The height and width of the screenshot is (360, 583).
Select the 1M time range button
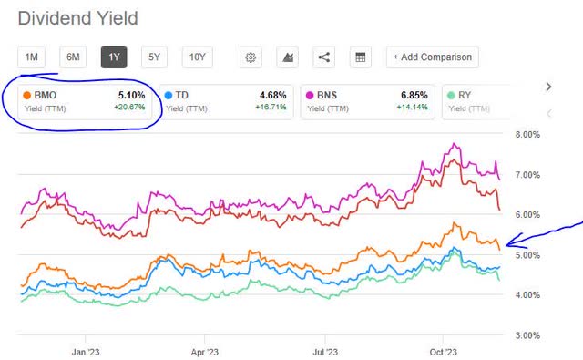tap(32, 57)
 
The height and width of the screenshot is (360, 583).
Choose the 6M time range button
tap(74, 57)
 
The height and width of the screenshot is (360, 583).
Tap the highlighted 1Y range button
tap(115, 57)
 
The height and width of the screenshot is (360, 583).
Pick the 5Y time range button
tap(155, 57)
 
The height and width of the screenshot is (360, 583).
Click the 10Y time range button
tap(198, 57)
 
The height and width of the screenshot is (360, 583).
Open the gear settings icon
tap(251, 57)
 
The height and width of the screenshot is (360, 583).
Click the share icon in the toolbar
tap(323, 57)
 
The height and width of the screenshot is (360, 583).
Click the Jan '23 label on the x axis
tap(85, 350)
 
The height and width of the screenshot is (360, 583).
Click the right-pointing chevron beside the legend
tap(548, 87)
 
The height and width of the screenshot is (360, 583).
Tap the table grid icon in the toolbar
tap(360, 57)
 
